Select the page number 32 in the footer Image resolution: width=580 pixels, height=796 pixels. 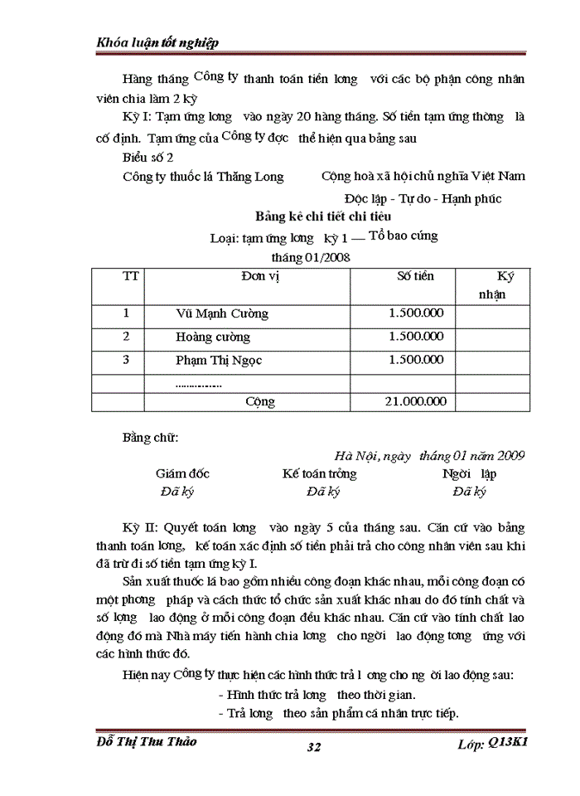point(314,748)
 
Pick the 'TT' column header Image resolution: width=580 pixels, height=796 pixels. point(131,276)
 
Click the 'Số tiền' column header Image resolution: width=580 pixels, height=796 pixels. point(415,276)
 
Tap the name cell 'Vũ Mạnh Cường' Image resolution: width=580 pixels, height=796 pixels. point(222,314)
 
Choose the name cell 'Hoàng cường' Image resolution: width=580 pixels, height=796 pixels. point(213,337)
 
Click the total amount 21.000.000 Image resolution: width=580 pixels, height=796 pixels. point(416,402)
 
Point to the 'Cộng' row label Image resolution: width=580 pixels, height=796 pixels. point(260,402)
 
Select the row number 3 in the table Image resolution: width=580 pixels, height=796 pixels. point(127,360)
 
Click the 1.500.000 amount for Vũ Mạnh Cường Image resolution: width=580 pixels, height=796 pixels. point(416,313)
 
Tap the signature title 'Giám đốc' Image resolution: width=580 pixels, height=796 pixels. point(182,473)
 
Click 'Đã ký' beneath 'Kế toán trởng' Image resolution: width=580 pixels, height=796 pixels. point(322,492)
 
